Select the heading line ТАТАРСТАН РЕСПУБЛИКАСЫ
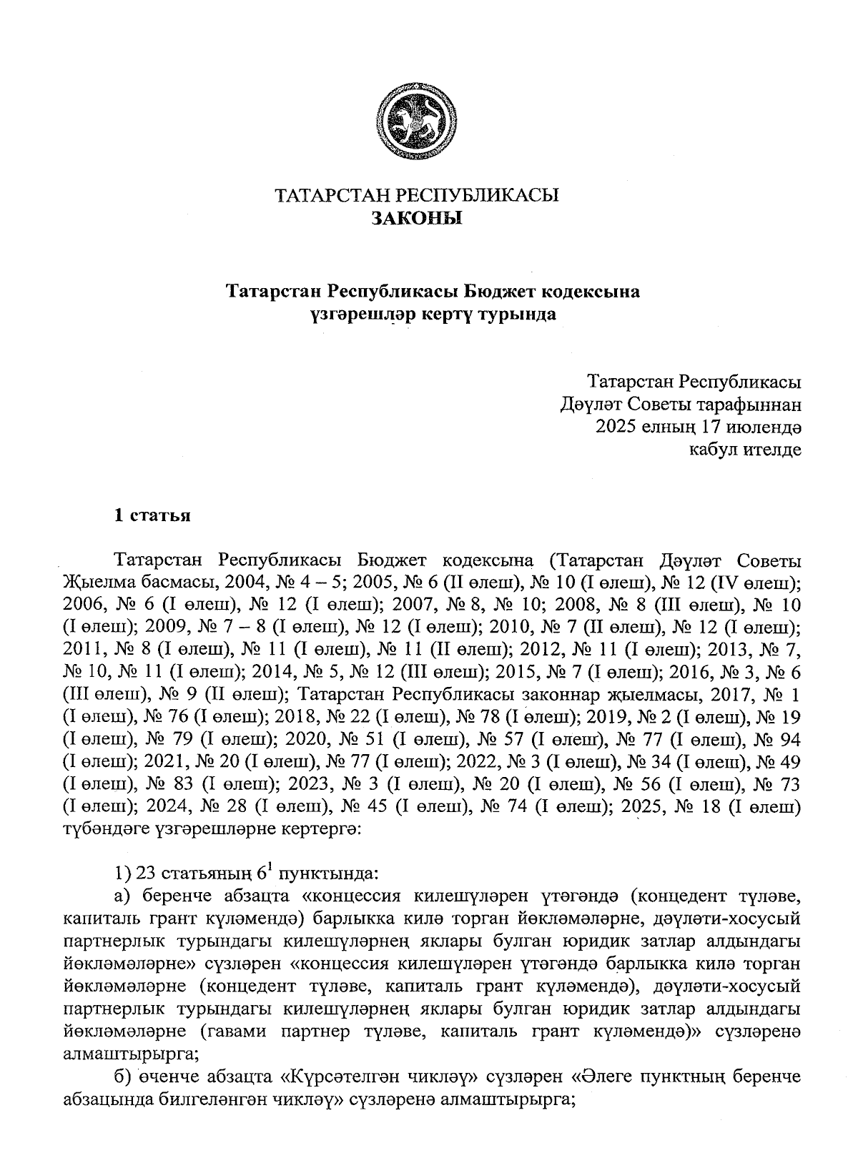pos(417,195)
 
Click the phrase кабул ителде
pos(744,450)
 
